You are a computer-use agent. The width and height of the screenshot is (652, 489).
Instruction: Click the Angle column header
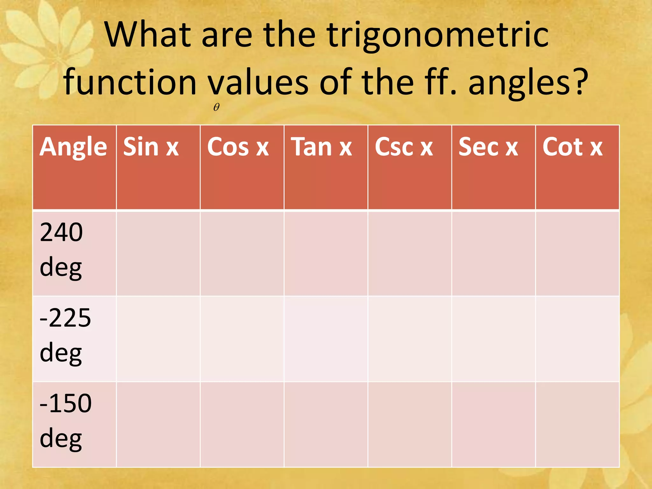tap(73, 147)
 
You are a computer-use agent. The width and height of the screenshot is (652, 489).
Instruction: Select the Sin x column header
tap(151, 147)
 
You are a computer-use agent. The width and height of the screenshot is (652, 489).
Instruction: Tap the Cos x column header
tap(238, 147)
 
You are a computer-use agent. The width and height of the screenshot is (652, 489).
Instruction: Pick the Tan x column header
tap(322, 147)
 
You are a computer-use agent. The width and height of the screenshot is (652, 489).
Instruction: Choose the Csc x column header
tap(404, 147)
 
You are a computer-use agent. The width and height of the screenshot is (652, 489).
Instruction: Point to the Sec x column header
tap(488, 147)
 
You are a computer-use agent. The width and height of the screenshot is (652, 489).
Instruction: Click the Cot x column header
tap(572, 147)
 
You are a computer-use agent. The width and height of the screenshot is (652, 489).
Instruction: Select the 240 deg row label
tap(61, 250)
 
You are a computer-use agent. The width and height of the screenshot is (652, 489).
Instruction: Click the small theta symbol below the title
tap(216, 107)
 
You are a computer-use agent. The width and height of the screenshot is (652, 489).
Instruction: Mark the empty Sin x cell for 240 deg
tap(158, 253)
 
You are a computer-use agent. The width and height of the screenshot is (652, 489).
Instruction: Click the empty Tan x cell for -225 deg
tap(326, 339)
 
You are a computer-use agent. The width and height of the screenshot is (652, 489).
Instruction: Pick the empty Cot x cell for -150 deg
tap(577, 424)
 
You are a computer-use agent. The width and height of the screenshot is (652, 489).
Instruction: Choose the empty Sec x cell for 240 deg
tap(493, 253)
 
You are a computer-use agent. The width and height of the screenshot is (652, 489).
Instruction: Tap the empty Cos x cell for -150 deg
tap(242, 424)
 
